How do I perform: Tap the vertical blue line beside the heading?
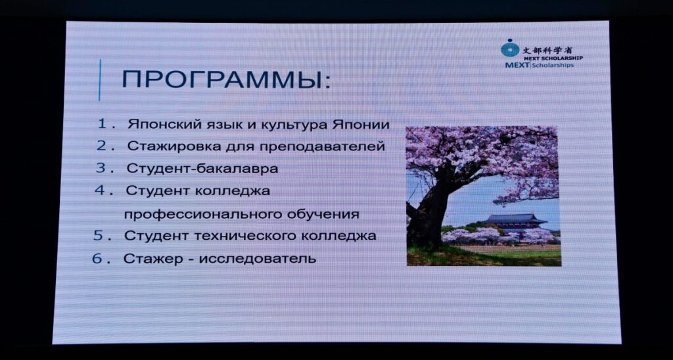(x=100, y=79)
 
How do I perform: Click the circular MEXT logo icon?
(x=510, y=49)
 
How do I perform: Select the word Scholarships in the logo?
(x=553, y=65)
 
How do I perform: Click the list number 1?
(x=102, y=124)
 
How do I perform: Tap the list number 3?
(x=101, y=168)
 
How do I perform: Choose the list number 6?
(x=97, y=259)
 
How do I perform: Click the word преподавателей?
(x=327, y=146)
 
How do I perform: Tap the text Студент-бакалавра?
(x=202, y=168)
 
